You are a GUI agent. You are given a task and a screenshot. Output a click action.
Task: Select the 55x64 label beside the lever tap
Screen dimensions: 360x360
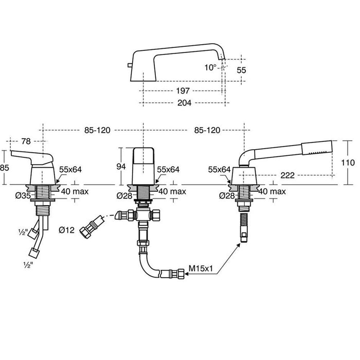pos(70,169)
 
